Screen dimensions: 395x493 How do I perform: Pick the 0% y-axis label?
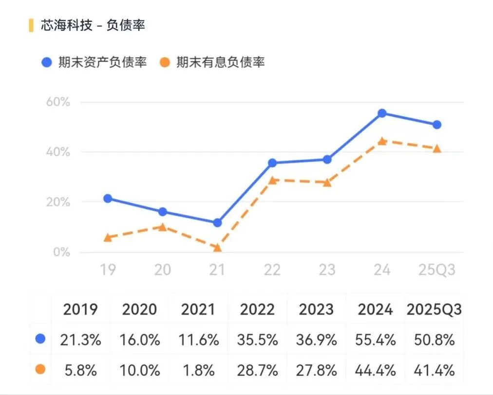coord(61,252)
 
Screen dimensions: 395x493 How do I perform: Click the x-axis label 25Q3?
coord(437,270)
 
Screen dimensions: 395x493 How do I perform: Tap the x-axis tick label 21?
coord(218,270)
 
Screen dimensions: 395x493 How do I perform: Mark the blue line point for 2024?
coord(382,113)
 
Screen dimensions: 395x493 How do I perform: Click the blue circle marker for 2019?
coord(108,198)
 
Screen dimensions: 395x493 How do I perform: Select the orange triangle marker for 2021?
coord(217,248)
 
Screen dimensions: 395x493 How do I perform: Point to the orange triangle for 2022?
coord(272,180)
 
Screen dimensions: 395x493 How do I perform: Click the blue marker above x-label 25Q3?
coord(437,125)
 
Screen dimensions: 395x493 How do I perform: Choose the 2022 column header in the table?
coord(257,309)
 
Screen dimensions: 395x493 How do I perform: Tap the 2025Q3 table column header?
coord(434,309)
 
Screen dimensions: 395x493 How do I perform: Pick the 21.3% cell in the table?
coord(81,340)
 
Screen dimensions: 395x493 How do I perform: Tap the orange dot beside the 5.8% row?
coord(40,370)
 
